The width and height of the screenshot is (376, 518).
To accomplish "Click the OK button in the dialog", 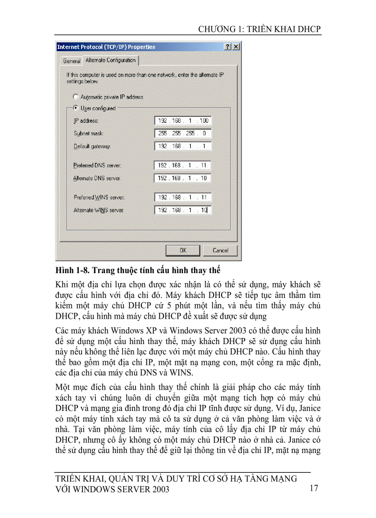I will pos(183,250).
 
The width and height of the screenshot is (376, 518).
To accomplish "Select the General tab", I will pos(71,61).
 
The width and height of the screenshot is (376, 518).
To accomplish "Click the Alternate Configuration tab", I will pos(111,60).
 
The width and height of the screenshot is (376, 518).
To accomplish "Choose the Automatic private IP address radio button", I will pos(76,97).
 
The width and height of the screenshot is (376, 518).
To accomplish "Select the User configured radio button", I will pos(76,108).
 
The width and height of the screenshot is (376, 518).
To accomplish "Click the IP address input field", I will pos(183,121).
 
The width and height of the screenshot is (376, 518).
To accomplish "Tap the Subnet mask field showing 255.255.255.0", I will pos(183,133).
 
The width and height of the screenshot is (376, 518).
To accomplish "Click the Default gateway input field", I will pos(183,146).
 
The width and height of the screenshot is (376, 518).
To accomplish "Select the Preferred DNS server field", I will pos(183,165).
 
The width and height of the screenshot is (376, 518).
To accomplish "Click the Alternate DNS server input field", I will pos(183,178).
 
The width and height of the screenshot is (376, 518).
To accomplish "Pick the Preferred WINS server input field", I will pos(183,197).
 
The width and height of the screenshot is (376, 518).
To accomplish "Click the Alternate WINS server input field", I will pos(183,210).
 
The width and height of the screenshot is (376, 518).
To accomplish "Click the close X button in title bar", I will pos(236,47).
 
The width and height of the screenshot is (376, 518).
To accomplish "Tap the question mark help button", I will pos(228,47).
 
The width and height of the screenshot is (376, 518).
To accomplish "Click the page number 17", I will pos(314,488).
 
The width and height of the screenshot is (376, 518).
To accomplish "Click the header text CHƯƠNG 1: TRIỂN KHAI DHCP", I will pos(259,29).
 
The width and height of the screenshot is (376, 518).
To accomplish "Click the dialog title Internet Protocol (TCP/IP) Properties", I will pos(106,47).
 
